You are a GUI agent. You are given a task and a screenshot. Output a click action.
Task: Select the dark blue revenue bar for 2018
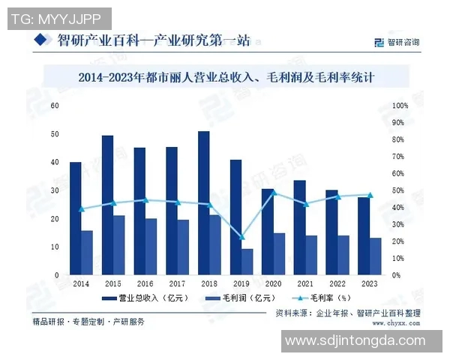[x=204, y=203]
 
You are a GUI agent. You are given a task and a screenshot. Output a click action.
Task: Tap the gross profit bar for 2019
[x=247, y=262]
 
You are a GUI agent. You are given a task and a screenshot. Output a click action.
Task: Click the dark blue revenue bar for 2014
[x=75, y=218]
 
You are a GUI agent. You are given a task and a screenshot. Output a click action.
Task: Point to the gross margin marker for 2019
[x=241, y=237]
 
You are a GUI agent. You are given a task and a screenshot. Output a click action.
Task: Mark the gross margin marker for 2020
[x=274, y=192]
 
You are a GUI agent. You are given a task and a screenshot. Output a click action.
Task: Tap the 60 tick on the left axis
[x=55, y=106]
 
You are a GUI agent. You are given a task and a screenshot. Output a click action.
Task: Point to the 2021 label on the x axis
[x=305, y=283]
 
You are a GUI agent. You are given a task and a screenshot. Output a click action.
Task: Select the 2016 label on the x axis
[x=145, y=283]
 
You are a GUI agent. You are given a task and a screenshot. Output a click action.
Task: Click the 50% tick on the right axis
[x=400, y=190]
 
